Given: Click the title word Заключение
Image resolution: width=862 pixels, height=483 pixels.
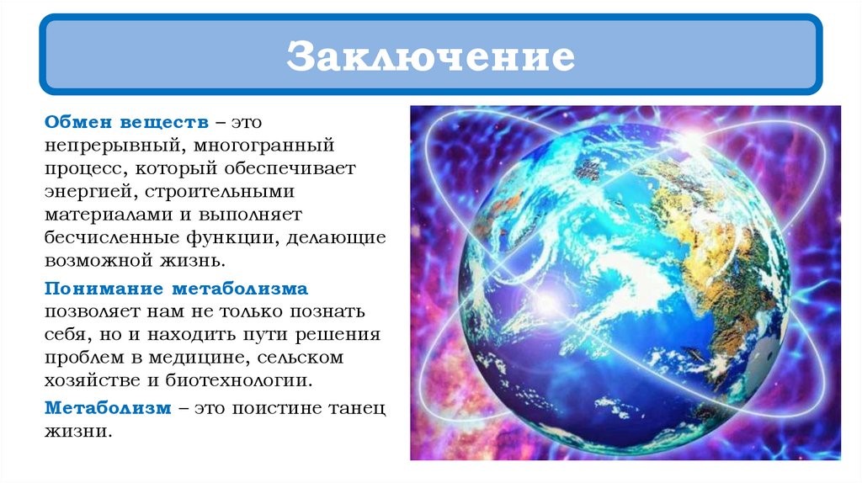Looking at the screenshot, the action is [x=430, y=56].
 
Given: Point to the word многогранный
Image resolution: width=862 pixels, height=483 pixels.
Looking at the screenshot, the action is [x=263, y=146].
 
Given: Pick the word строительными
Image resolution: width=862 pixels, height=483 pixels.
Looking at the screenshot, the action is [x=220, y=192].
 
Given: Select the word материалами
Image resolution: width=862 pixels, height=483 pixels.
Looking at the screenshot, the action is [x=109, y=215].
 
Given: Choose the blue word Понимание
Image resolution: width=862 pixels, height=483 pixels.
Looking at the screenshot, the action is [x=104, y=289].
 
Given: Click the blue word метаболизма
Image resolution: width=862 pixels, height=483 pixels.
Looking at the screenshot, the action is [x=240, y=289].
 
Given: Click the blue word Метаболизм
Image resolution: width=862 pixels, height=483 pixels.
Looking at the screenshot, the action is [x=108, y=408].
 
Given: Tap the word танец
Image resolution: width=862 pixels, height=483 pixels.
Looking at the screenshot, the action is [x=357, y=409].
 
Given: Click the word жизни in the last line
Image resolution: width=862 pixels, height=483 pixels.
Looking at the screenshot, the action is [x=78, y=432].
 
